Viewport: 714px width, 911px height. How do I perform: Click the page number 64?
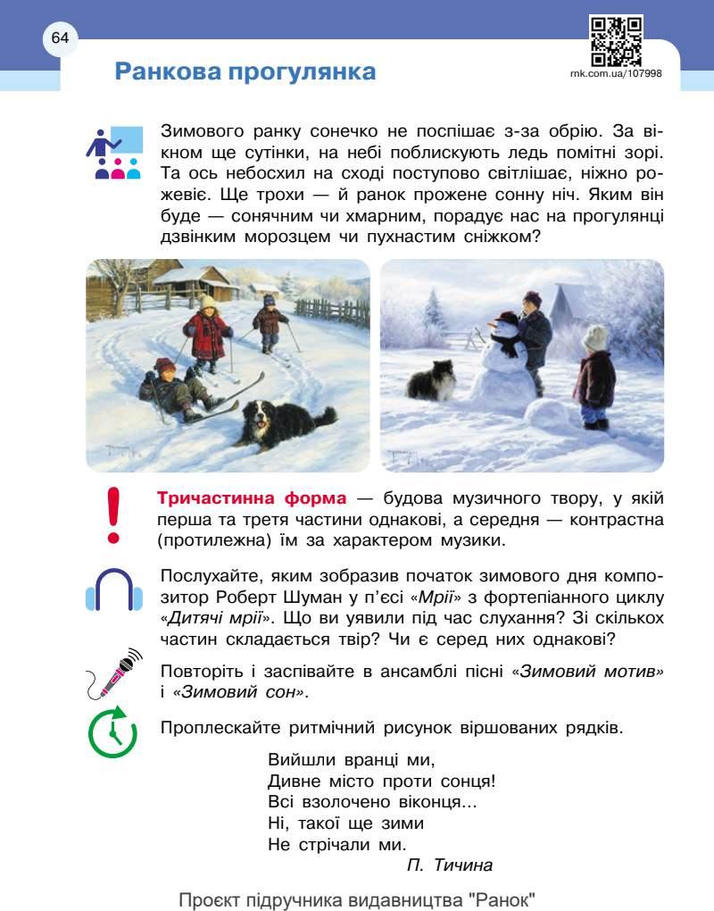tap(60, 38)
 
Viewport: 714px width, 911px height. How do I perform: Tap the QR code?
tap(616, 42)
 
